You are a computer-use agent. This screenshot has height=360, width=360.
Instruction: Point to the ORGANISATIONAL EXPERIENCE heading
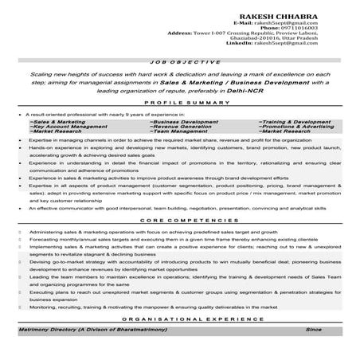coord(179,318)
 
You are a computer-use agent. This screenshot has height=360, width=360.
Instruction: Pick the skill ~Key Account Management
coord(67,126)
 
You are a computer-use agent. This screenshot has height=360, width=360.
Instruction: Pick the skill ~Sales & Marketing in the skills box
coord(58,121)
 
